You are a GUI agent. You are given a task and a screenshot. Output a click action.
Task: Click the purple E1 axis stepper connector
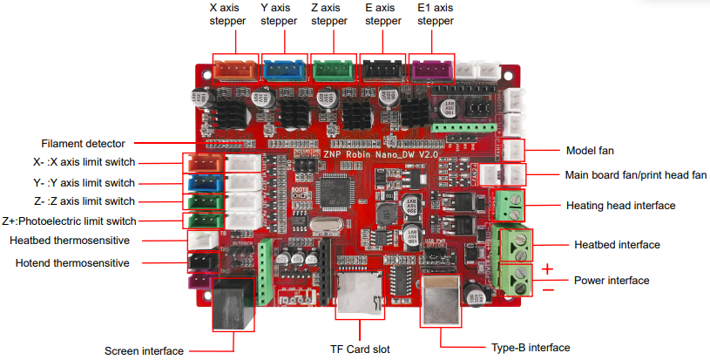click(x=431, y=70)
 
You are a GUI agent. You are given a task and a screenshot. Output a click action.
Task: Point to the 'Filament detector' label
click(x=83, y=143)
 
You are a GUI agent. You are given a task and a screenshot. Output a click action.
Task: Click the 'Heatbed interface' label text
click(x=617, y=245)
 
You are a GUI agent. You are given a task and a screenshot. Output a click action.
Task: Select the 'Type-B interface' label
click(x=531, y=347)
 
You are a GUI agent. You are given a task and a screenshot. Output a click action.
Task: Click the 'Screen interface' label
click(x=144, y=351)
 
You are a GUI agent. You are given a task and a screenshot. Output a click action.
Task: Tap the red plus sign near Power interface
click(x=547, y=268)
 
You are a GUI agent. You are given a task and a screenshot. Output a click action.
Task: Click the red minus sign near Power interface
click(x=547, y=290)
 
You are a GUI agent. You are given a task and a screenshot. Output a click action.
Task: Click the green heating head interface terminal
click(x=511, y=204)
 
